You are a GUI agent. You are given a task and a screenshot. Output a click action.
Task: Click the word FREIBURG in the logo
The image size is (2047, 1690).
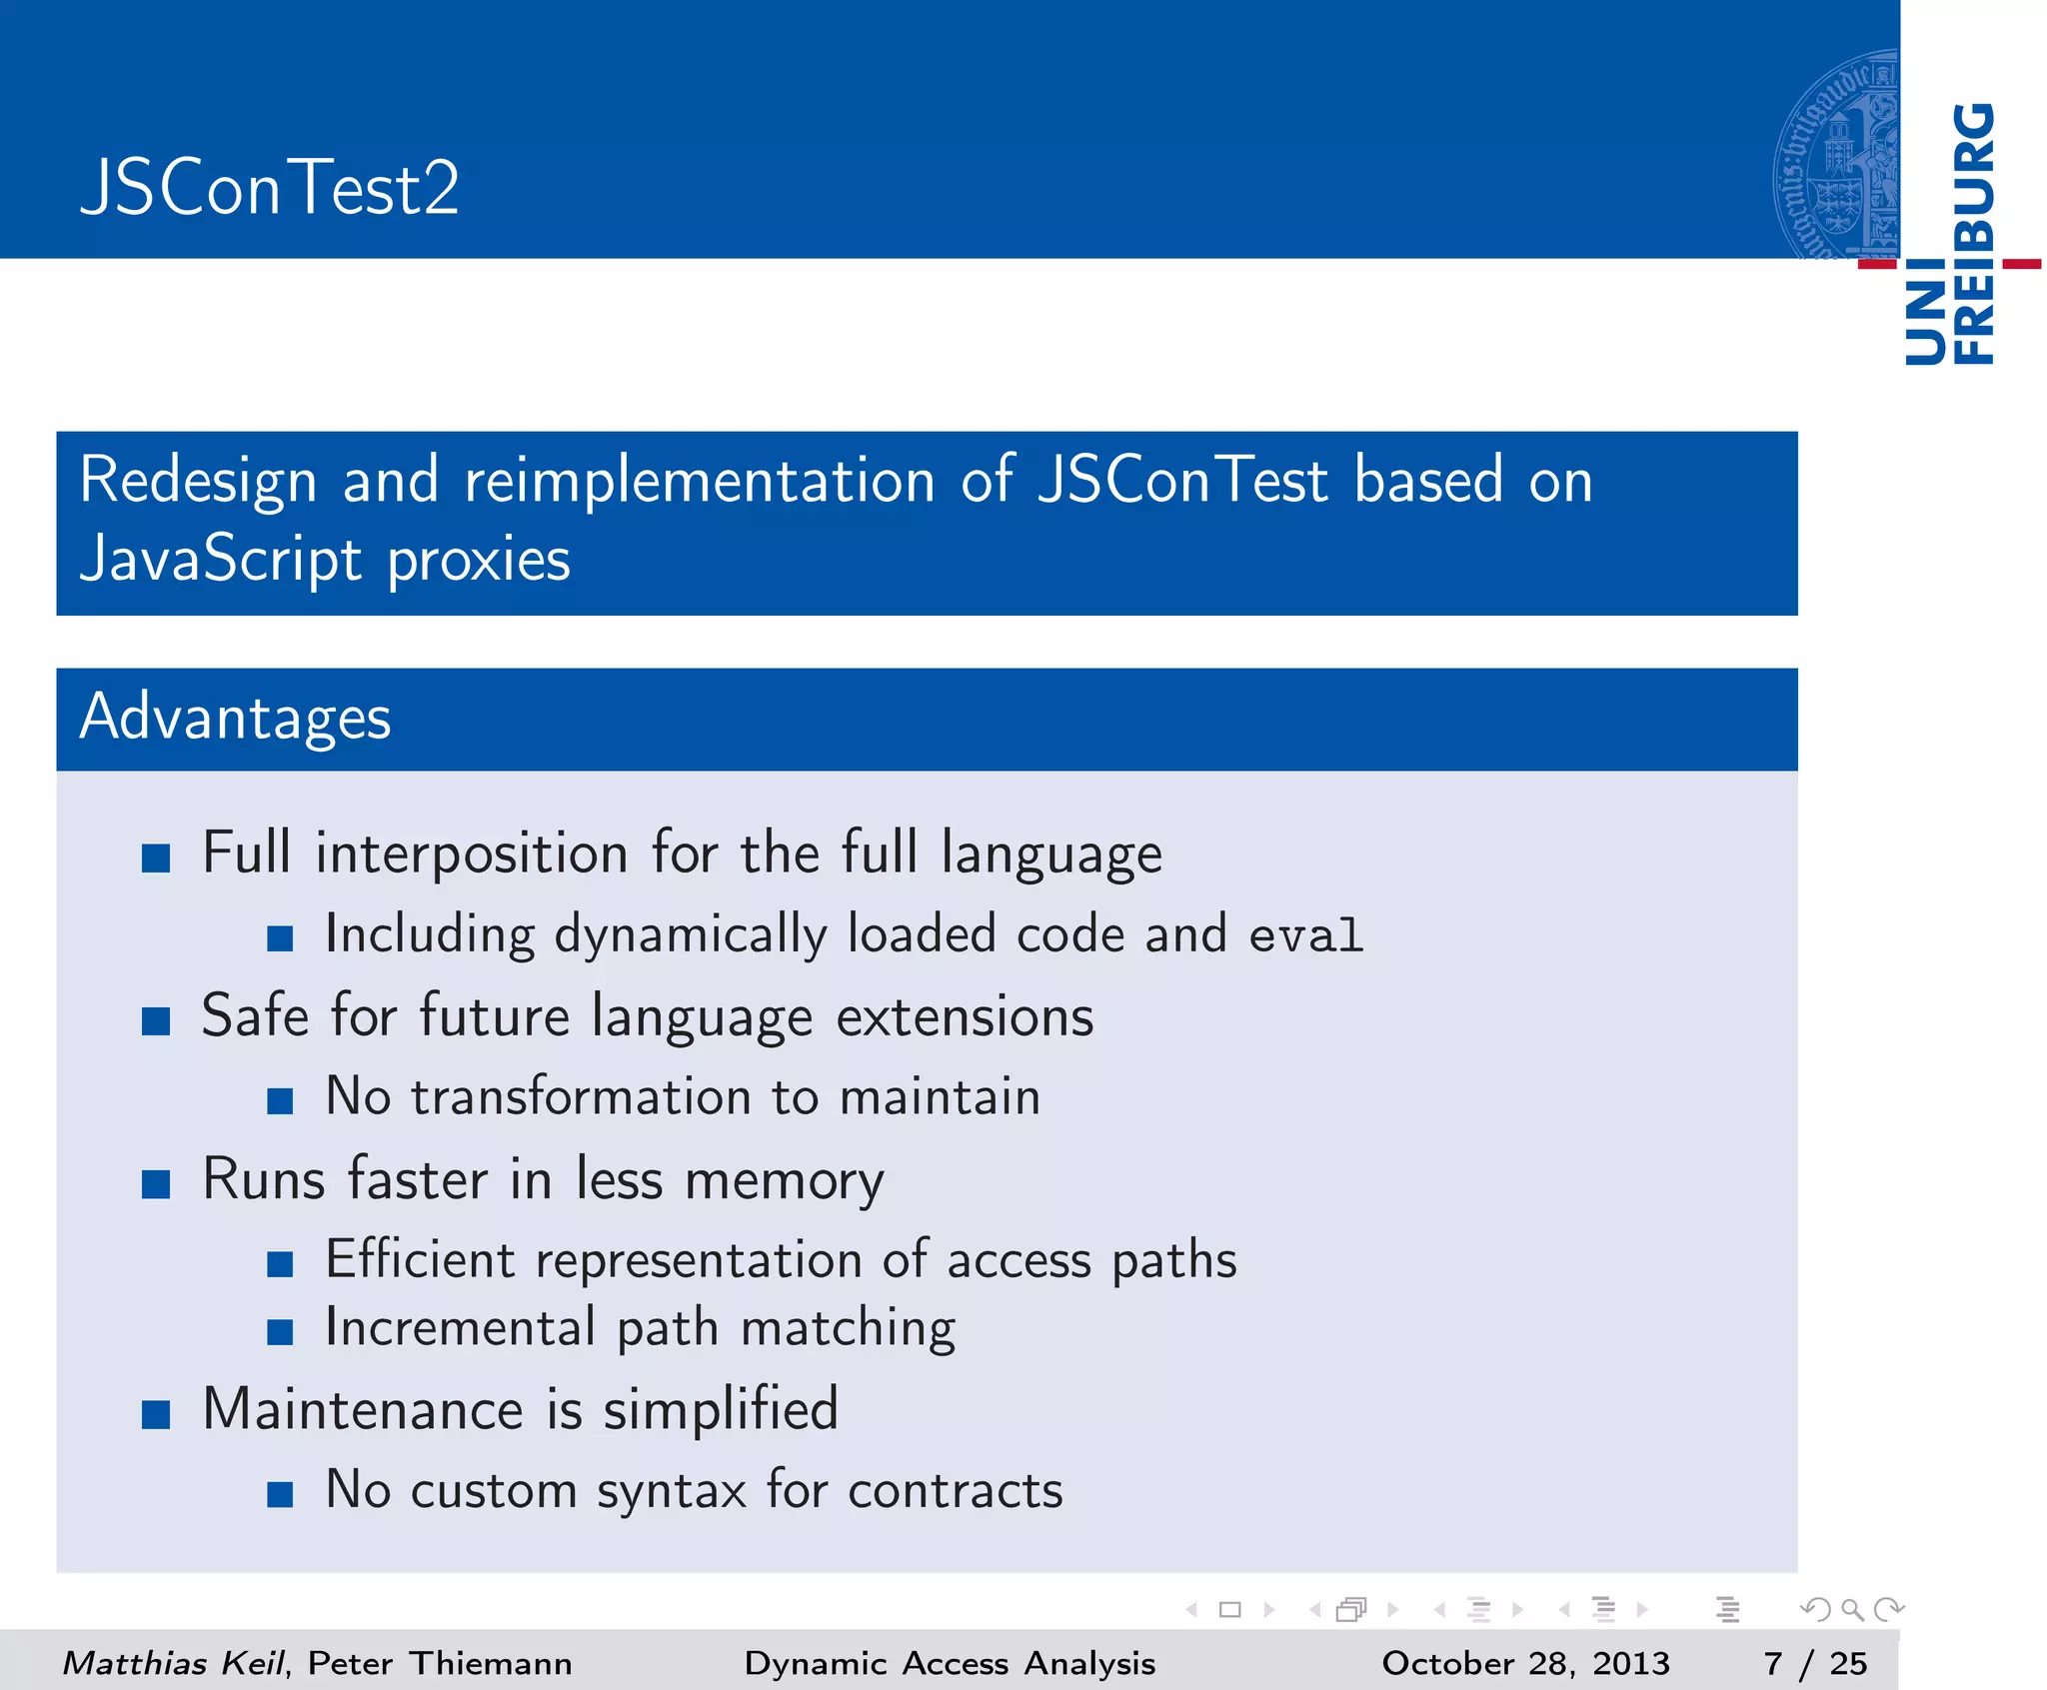coord(1974,235)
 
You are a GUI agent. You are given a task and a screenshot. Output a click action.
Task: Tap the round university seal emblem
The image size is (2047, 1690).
coord(1837,155)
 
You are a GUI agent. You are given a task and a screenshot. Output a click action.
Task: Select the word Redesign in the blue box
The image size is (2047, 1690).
coord(197,481)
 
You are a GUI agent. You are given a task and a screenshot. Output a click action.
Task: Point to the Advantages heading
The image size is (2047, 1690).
coord(236,718)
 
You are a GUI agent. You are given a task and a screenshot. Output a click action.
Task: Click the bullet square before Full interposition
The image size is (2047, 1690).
coord(156,857)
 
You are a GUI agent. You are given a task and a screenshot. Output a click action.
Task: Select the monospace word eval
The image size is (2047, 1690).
coord(1305,936)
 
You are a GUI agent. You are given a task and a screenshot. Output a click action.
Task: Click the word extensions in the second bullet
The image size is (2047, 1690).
coord(964,1017)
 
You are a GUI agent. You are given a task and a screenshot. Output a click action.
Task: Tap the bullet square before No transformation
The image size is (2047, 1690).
coord(280,1101)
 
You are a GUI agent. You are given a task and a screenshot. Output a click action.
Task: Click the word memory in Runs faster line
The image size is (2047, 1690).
coord(784,1180)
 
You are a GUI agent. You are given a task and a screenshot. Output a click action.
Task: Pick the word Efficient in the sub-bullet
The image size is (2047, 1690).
coord(420,1259)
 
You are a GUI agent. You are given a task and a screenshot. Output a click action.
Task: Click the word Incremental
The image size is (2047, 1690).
coord(460,1328)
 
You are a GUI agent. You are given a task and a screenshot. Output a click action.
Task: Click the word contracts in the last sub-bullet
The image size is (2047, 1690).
coord(955,1491)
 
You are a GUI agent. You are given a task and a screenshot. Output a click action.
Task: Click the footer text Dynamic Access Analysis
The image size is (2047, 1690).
coord(950,1663)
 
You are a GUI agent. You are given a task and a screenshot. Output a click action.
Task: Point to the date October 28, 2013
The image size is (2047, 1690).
coord(1525,1663)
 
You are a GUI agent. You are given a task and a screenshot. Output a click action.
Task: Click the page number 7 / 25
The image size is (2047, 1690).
coord(1815,1663)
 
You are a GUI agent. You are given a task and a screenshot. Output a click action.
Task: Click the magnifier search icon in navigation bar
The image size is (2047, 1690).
coord(1852,1609)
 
